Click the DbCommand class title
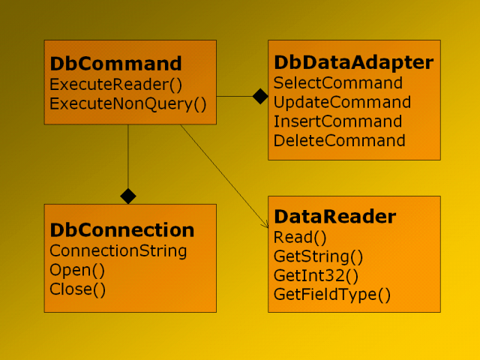(115, 63)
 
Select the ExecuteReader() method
(115, 85)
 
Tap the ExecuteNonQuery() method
(128, 103)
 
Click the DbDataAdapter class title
(353, 63)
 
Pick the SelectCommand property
(338, 83)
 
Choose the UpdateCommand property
(342, 102)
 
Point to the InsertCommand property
(337, 121)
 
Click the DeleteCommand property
(339, 141)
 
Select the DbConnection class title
(121, 230)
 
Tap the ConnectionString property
(118, 251)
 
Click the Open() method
(77, 270)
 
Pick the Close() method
(77, 289)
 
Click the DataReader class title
(335, 217)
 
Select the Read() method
(300, 238)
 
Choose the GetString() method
(318, 256)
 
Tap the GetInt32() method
(316, 275)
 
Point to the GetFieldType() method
(332, 295)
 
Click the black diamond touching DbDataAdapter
(260, 97)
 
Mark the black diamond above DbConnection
(128, 196)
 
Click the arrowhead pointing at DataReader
(265, 225)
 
